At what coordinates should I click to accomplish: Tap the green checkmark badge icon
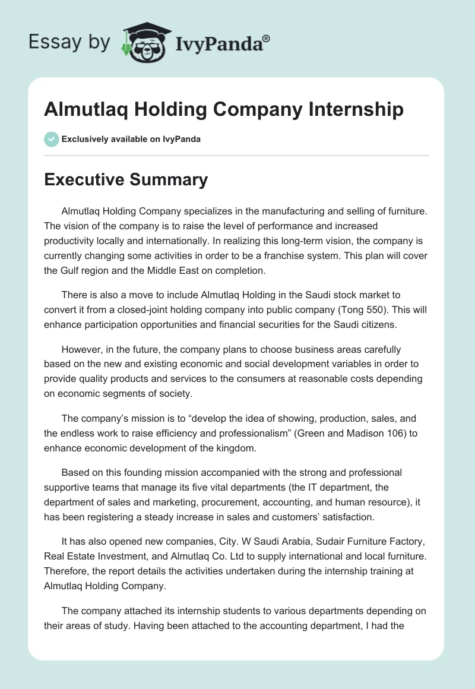coord(51,139)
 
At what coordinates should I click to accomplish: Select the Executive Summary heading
coord(126,179)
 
